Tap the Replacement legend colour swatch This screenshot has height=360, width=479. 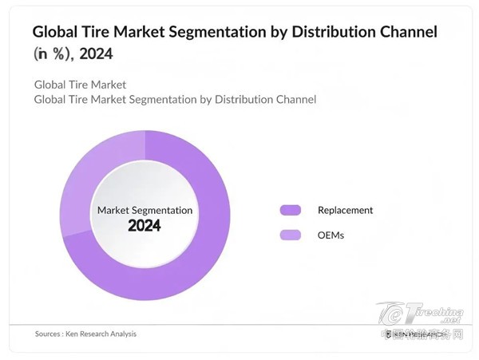(x=290, y=210)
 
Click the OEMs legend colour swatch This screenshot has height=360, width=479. (x=290, y=235)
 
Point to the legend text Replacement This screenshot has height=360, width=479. (x=345, y=210)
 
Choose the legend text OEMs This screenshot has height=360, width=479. (x=331, y=235)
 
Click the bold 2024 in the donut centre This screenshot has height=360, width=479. (x=144, y=226)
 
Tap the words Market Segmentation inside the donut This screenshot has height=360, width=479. (x=144, y=210)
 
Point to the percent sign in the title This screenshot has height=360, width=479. (x=60, y=56)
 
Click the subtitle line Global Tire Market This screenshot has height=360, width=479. (x=80, y=85)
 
